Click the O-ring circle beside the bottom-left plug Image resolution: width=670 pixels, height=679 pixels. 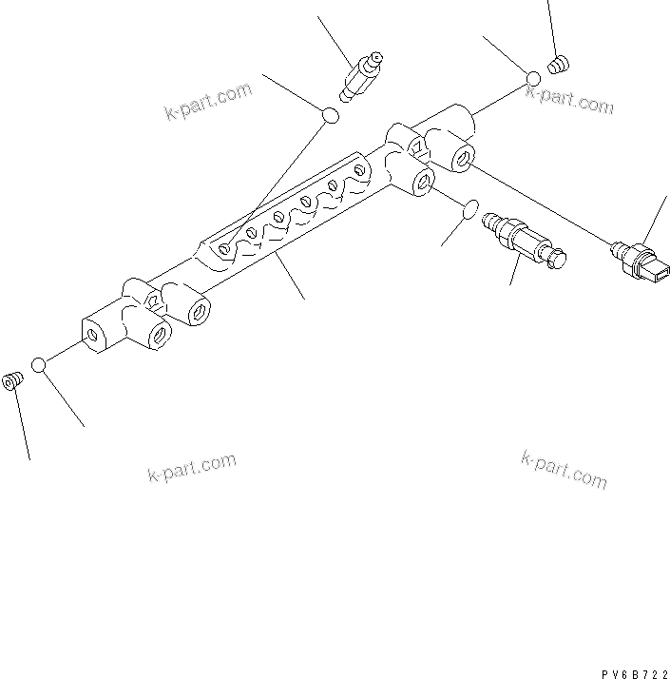pyautogui.click(x=40, y=365)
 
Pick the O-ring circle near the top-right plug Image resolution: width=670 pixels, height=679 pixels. pyautogui.click(x=534, y=79)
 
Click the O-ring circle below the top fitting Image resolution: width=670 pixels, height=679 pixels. pyautogui.click(x=330, y=116)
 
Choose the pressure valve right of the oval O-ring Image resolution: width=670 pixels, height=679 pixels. pyautogui.click(x=524, y=240)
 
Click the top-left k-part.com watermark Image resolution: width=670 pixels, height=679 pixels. pyautogui.click(x=208, y=102)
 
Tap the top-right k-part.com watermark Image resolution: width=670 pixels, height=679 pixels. pyautogui.click(x=570, y=99)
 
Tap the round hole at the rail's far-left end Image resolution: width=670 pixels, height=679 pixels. pyautogui.click(x=92, y=335)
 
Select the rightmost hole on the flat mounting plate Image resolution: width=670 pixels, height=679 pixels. pyautogui.click(x=360, y=169)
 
